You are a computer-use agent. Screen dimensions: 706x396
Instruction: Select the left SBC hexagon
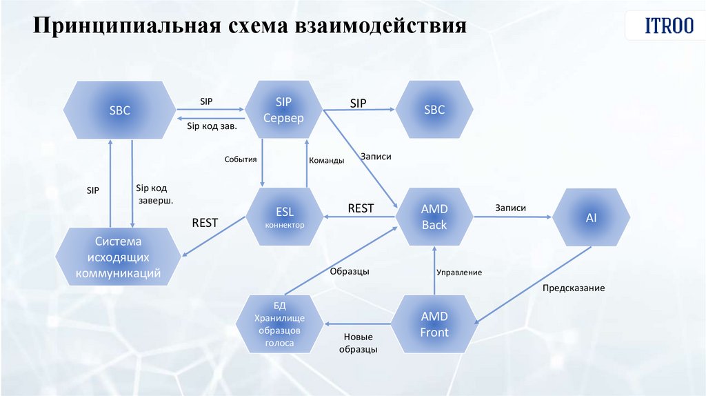click(x=119, y=110)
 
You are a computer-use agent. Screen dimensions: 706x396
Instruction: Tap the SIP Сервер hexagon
click(x=283, y=110)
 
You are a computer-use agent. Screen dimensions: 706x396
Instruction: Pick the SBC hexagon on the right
click(x=434, y=110)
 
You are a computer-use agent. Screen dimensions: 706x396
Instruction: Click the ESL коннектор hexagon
click(x=285, y=217)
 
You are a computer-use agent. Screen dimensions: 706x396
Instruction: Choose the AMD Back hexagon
click(x=434, y=217)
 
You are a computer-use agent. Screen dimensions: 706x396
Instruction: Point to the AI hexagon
click(x=591, y=217)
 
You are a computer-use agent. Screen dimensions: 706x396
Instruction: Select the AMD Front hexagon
click(x=434, y=324)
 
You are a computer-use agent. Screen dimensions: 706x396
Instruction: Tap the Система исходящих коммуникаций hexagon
click(x=119, y=257)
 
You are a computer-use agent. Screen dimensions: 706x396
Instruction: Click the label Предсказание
click(x=573, y=288)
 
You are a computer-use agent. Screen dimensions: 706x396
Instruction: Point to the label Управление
click(x=458, y=273)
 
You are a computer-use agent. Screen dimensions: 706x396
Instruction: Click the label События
click(x=241, y=159)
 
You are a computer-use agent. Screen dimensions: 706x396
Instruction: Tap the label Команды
click(x=326, y=160)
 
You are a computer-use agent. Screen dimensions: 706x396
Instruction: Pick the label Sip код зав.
click(x=212, y=126)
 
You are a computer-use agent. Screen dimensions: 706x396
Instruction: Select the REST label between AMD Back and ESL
click(x=361, y=208)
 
